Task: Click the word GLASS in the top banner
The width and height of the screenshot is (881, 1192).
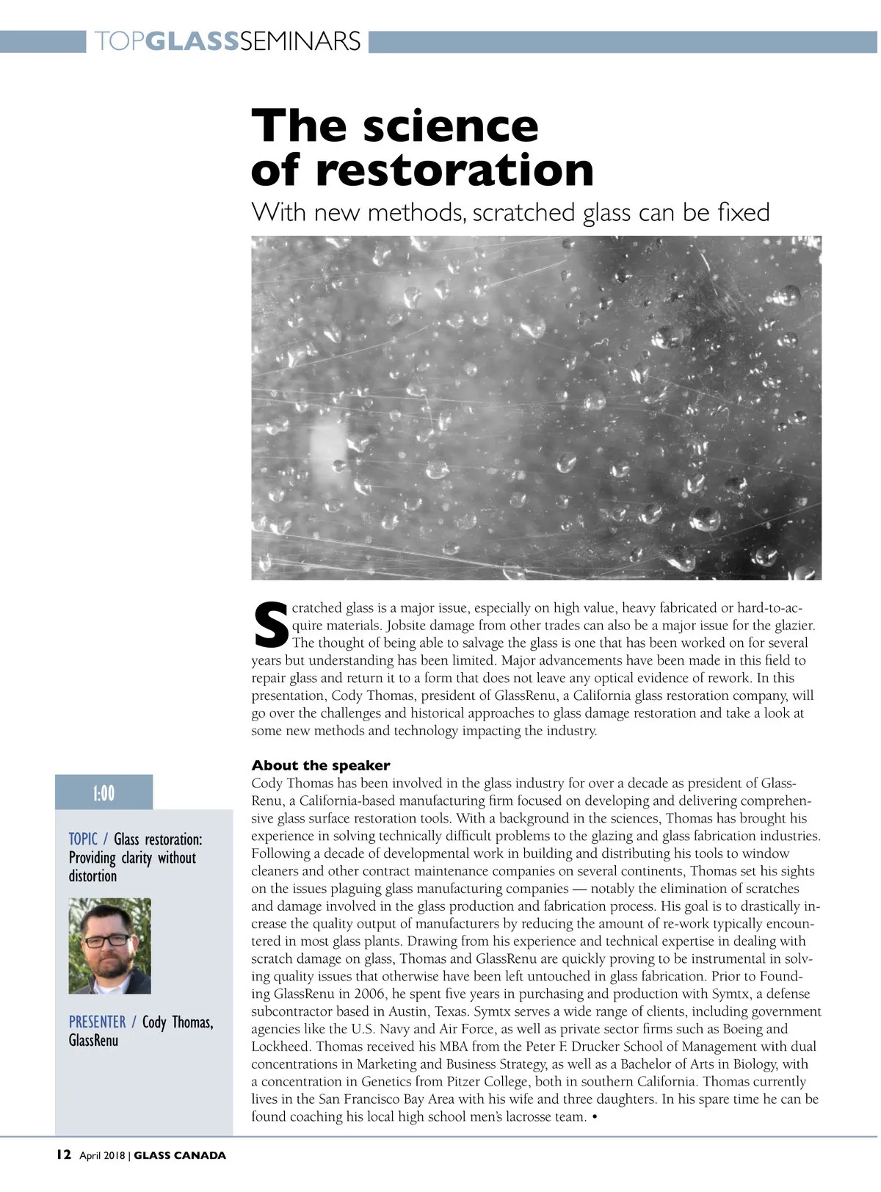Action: point(192,41)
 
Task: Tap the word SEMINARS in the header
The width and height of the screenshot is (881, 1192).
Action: point(300,41)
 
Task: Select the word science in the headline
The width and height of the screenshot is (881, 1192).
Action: point(451,126)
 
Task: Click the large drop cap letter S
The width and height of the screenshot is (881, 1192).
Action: point(270,626)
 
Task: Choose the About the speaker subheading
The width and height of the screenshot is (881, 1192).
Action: point(321,765)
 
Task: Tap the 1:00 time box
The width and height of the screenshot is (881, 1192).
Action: point(104,793)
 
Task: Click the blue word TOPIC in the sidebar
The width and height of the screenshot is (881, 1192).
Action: point(83,839)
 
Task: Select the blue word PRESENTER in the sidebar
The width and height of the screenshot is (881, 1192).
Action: point(97,1022)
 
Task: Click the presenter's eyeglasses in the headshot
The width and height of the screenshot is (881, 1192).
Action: point(107,940)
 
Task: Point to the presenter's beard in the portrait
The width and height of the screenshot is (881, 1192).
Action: point(109,968)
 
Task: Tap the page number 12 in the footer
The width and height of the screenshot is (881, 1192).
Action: point(64,1155)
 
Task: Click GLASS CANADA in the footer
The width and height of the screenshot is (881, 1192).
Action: point(180,1155)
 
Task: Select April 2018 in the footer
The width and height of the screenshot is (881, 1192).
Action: point(102,1155)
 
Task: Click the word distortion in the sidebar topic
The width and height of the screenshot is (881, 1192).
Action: point(93,876)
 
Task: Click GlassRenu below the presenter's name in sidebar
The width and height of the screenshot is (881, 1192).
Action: point(93,1041)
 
